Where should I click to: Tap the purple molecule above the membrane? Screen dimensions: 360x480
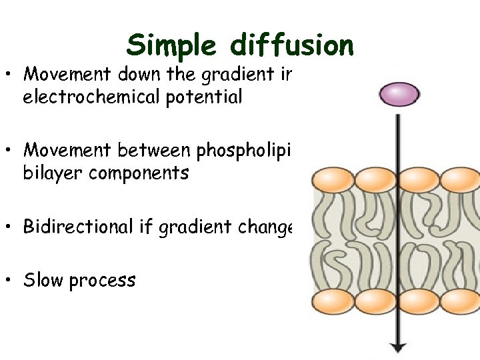tap(399, 94)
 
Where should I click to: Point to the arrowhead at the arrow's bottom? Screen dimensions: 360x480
tap(398, 346)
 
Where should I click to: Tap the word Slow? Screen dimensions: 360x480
tap(43, 280)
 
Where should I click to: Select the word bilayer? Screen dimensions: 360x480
tap(47, 173)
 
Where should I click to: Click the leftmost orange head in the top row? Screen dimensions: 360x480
tap(332, 180)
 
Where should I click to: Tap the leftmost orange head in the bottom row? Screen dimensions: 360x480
tap(332, 301)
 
